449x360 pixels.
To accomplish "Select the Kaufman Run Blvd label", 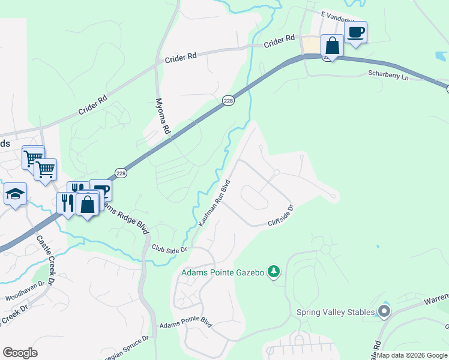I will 214,203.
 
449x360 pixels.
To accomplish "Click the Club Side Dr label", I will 169,248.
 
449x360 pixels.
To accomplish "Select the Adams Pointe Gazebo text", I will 223,272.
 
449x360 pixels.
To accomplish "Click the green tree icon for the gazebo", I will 274,272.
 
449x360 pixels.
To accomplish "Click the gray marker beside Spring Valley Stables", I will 384,311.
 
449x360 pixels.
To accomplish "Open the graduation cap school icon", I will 15,194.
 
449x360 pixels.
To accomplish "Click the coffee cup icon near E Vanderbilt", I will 355,32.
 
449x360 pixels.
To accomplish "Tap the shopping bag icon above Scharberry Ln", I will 332,45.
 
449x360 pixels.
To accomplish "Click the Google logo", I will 20,353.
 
